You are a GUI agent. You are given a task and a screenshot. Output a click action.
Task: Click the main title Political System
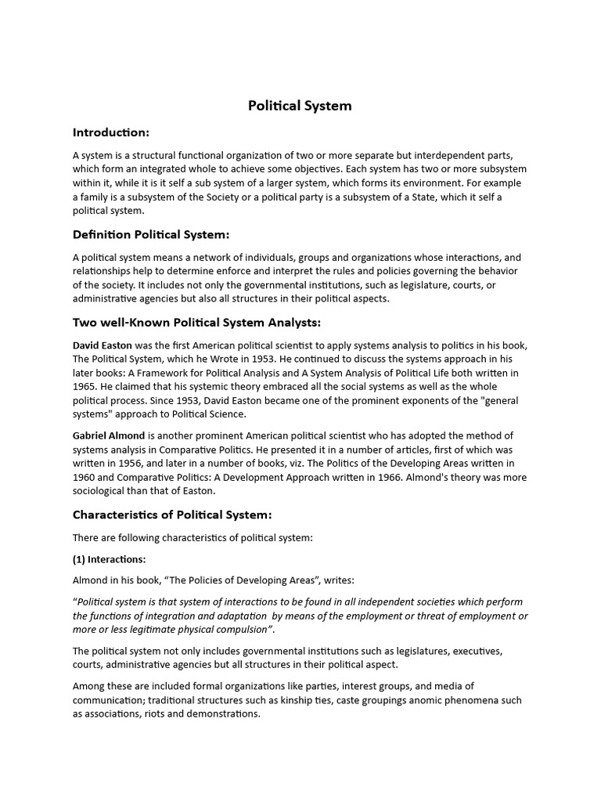tap(300, 106)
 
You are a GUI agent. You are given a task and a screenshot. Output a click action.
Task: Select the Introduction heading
tap(111, 132)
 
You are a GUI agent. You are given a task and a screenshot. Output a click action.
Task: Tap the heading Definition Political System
tap(151, 234)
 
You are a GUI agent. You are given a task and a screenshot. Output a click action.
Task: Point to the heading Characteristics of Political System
tap(172, 515)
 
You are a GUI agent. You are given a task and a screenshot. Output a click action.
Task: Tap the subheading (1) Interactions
tap(110, 559)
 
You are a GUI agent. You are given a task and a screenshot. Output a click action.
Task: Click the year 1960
tap(86, 477)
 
